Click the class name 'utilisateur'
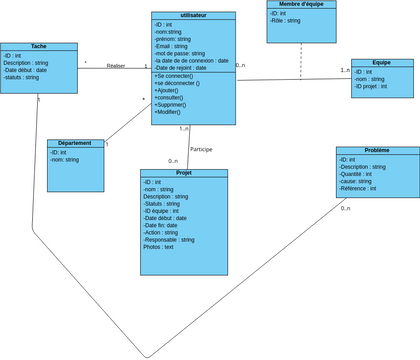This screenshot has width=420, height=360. [x=194, y=16]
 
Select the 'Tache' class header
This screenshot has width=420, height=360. [x=39, y=47]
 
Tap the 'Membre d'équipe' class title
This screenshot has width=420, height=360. [x=301, y=5]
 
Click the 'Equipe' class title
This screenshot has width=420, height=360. [x=381, y=63]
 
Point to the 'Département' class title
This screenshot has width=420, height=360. [x=75, y=143]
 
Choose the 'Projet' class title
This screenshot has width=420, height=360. [x=183, y=173]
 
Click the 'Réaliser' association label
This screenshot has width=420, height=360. [x=115, y=65]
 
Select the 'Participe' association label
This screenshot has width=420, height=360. [x=201, y=149]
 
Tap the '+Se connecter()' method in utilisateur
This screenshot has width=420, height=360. [x=175, y=75]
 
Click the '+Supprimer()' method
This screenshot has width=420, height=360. [x=176, y=104]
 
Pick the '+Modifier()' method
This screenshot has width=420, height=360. [x=174, y=112]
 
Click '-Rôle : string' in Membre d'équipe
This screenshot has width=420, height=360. [x=286, y=20]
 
